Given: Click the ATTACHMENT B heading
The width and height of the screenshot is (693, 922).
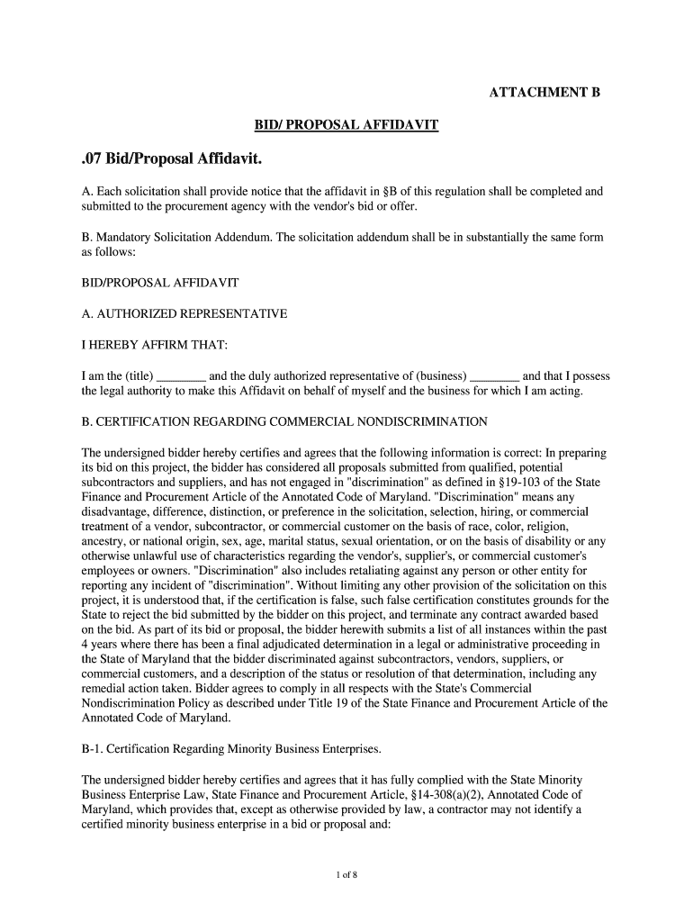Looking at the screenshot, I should [x=544, y=93].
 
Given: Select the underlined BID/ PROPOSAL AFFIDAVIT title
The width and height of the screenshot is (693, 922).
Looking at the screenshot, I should [x=346, y=125].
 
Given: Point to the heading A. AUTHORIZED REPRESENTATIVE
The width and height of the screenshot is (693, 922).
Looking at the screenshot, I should [x=184, y=314].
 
